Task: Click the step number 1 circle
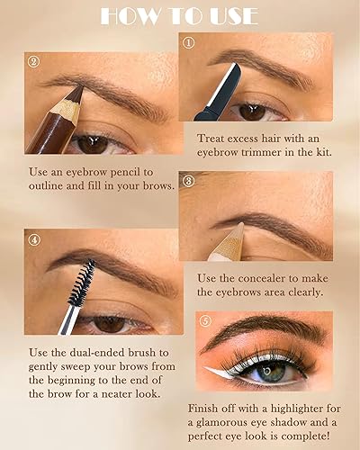[x=188, y=42]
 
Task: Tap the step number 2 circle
[x=33, y=62]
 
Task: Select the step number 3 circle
[x=188, y=180]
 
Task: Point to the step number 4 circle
[x=33, y=239]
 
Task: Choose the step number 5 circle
[x=206, y=319]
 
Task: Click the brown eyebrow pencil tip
[x=74, y=94]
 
